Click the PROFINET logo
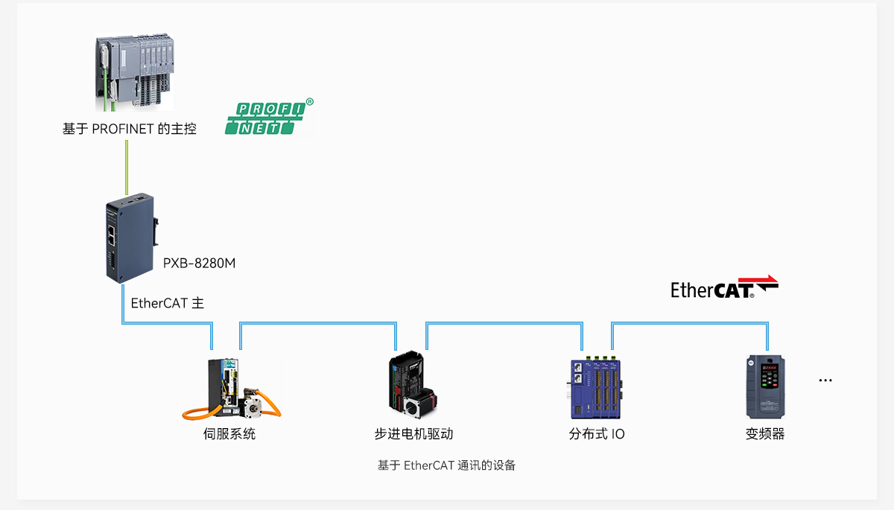click(x=270, y=117)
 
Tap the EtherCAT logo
click(x=724, y=287)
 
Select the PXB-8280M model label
click(x=199, y=263)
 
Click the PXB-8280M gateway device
click(x=131, y=238)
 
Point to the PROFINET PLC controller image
click(x=135, y=71)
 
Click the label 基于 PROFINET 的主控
click(x=130, y=129)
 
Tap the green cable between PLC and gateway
click(x=127, y=167)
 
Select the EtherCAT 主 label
click(x=167, y=303)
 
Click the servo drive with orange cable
click(x=232, y=389)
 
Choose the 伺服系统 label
click(x=229, y=433)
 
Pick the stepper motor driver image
click(x=413, y=385)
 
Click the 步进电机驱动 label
click(x=413, y=433)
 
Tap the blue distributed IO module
click(x=595, y=388)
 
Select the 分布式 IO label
click(x=597, y=433)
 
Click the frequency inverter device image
click(x=766, y=387)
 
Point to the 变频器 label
click(x=765, y=433)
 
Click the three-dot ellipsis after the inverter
click(x=825, y=380)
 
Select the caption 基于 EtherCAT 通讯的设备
click(x=446, y=465)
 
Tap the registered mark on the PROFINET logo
click(x=310, y=102)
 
